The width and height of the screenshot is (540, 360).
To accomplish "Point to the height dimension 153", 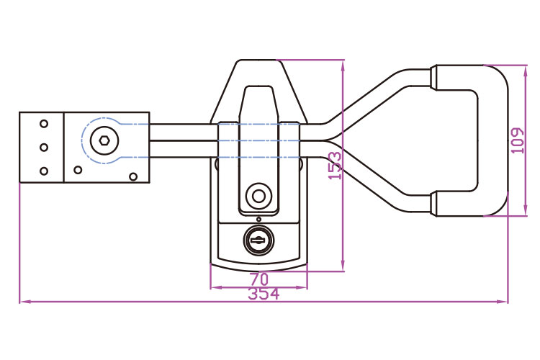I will (x=336, y=166).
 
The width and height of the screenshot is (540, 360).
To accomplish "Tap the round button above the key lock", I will (x=258, y=195).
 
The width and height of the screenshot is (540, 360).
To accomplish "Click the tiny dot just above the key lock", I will (x=258, y=219).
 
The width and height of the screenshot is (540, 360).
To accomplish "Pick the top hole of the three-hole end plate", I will (x=43, y=124).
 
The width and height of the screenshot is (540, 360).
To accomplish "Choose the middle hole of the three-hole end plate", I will (x=43, y=148).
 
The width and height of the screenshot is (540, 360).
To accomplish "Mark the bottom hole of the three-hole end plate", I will (x=43, y=171).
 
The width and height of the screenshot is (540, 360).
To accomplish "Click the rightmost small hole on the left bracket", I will (x=132, y=176).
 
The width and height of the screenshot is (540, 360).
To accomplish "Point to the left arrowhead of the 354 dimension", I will (x=23, y=302).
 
